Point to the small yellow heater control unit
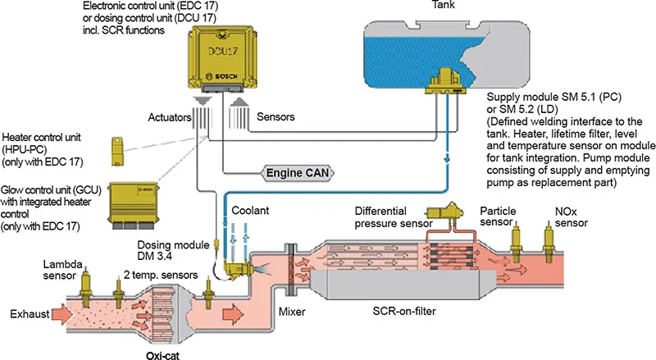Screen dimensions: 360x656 coord(119,150)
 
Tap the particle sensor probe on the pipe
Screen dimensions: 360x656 coord(517,238)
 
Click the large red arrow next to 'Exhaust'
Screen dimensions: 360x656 coord(61,314)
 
